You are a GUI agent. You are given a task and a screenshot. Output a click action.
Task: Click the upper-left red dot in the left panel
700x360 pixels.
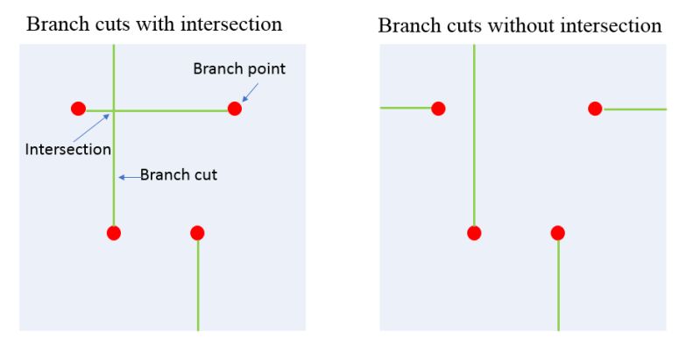click(78, 109)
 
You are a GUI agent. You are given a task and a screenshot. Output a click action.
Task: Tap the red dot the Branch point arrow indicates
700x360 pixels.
click(234, 109)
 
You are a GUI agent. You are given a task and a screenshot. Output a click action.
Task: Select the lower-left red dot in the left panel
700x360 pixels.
click(113, 232)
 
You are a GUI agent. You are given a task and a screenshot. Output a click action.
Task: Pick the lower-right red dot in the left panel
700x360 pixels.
click(197, 232)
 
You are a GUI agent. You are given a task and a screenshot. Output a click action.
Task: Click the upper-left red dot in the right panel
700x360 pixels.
click(438, 109)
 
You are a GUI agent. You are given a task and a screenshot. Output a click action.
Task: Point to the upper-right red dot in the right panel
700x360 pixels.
click(595, 109)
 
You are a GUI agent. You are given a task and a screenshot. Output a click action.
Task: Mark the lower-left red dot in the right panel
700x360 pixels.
click(474, 232)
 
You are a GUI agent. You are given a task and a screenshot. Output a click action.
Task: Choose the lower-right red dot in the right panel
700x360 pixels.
click(557, 232)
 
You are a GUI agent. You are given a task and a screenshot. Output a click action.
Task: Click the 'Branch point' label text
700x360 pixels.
click(239, 68)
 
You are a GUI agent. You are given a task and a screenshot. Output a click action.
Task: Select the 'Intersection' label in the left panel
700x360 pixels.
click(68, 149)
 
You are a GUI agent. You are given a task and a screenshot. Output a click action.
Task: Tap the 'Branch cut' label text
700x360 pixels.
click(179, 175)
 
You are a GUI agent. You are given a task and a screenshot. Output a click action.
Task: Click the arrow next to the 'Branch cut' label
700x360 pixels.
click(129, 176)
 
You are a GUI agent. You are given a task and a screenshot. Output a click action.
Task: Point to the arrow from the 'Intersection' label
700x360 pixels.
click(90, 127)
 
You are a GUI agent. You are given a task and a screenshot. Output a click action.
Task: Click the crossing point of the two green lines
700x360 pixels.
click(114, 111)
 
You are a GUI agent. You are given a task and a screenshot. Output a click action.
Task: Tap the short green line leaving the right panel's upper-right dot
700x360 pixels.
click(634, 109)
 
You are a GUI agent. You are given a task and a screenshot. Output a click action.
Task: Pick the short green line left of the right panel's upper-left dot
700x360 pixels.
click(406, 108)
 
